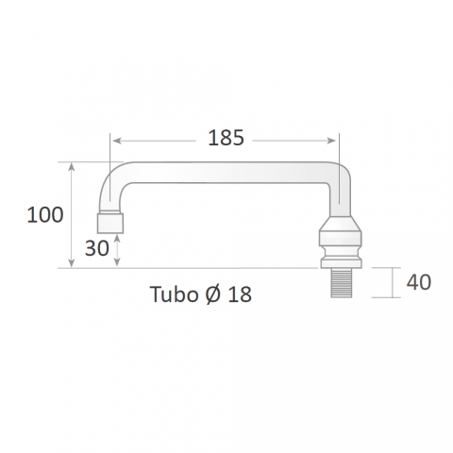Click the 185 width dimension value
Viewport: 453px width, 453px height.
(x=226, y=138)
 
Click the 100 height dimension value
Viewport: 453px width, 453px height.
(x=45, y=215)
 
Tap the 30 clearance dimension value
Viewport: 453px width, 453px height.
(x=97, y=248)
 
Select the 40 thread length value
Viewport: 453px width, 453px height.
(x=419, y=282)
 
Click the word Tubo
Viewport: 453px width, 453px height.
(x=174, y=294)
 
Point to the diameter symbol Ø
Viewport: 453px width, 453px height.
(x=213, y=294)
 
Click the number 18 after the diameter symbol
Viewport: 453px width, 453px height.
(x=240, y=294)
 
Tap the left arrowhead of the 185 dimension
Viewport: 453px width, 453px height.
(x=117, y=141)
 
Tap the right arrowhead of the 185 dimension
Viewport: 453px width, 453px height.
(x=331, y=141)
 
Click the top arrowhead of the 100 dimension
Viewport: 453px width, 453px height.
(x=72, y=167)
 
